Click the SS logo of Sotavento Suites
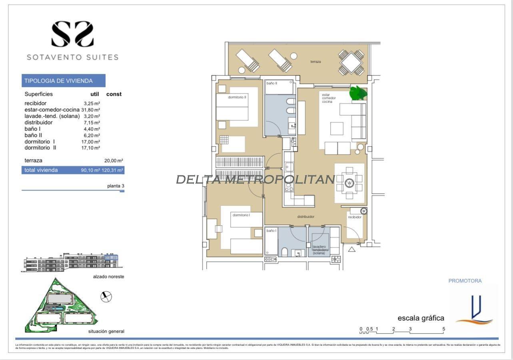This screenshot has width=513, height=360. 72,34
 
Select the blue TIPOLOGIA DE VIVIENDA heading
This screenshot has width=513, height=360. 64,81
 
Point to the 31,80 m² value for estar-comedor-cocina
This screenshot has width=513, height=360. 90,109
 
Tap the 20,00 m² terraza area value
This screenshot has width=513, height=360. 113,161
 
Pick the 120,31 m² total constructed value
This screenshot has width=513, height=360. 114,170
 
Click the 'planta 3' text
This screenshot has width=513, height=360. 116,186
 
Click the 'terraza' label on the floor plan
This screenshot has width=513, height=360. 316,62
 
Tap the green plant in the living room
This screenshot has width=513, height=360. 358,93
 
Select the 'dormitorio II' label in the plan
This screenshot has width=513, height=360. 237,97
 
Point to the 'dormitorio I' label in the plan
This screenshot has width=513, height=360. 241,215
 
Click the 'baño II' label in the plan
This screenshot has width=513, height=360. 272,83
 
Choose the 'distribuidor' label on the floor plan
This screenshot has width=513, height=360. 305,217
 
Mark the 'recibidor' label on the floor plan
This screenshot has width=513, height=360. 355,217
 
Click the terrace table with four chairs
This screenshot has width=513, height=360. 351,62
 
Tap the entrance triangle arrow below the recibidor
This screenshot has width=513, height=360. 351,250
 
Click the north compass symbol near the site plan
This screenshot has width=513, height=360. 106,296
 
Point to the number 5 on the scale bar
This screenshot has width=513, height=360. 444,329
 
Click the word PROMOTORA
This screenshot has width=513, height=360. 465,281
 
